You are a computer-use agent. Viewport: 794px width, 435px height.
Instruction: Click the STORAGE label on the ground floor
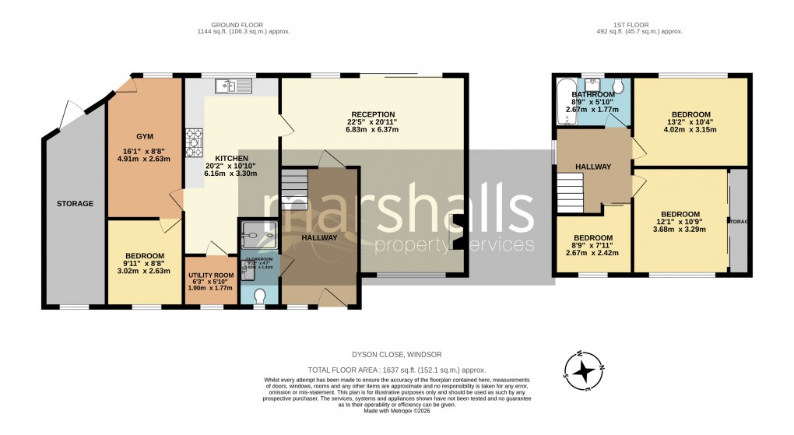[75, 204]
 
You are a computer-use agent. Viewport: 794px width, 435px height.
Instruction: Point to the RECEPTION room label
[371, 114]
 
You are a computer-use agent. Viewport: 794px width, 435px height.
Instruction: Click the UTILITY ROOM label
[210, 275]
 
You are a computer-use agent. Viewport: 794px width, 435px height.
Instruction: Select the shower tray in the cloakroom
[258, 231]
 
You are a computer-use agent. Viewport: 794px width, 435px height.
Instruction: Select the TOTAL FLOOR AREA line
[397, 370]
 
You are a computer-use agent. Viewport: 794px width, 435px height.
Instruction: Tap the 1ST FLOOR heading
[637, 25]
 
